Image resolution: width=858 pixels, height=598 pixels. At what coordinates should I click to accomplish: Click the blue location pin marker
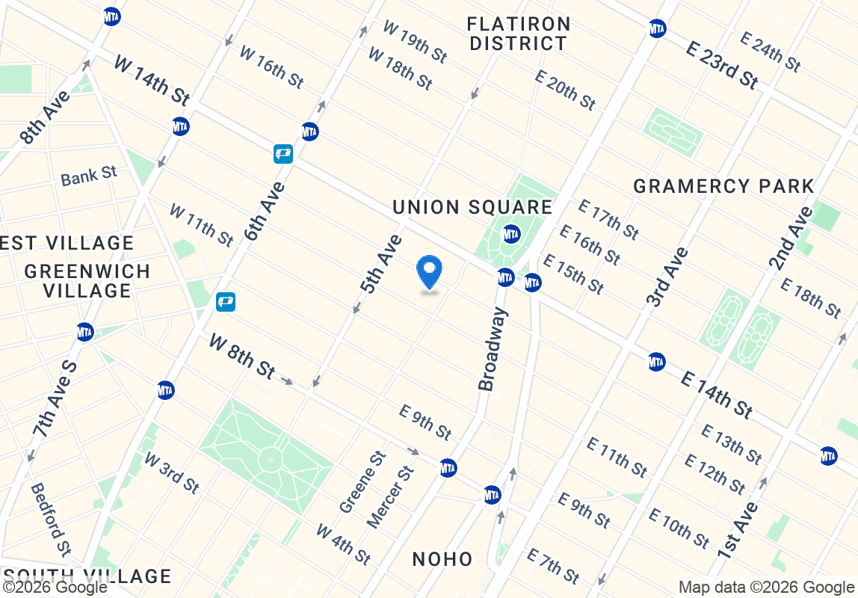pyautogui.click(x=429, y=273)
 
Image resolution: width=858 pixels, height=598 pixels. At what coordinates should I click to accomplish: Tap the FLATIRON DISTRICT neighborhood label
pyautogui.click(x=519, y=34)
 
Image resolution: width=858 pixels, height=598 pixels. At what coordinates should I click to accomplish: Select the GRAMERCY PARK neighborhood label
pyautogui.click(x=723, y=186)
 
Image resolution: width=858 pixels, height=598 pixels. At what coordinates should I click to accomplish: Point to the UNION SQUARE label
pyautogui.click(x=472, y=207)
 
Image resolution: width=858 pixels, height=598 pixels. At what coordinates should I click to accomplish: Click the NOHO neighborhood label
pyautogui.click(x=442, y=558)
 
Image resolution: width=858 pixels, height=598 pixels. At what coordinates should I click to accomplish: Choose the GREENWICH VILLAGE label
pyautogui.click(x=87, y=280)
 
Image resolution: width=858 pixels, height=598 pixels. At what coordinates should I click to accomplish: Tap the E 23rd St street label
pyautogui.click(x=722, y=64)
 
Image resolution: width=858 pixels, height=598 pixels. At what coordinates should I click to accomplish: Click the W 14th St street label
pyautogui.click(x=152, y=79)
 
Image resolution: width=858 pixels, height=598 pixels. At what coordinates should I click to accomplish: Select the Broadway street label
pyautogui.click(x=493, y=350)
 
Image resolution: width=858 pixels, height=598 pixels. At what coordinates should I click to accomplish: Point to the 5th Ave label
pyautogui.click(x=380, y=263)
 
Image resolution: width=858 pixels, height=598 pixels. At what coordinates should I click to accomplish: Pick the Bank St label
pyautogui.click(x=89, y=176)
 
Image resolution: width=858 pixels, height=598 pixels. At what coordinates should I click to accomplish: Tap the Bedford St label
pyautogui.click(x=50, y=519)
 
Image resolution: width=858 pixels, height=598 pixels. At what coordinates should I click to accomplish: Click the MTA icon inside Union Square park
pyautogui.click(x=511, y=233)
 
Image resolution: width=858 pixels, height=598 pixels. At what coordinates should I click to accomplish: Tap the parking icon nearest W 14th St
pyautogui.click(x=283, y=154)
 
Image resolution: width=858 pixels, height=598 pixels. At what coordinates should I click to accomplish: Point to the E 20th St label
pyautogui.click(x=566, y=90)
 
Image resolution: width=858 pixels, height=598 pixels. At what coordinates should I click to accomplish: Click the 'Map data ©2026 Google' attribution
pyautogui.click(x=767, y=587)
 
